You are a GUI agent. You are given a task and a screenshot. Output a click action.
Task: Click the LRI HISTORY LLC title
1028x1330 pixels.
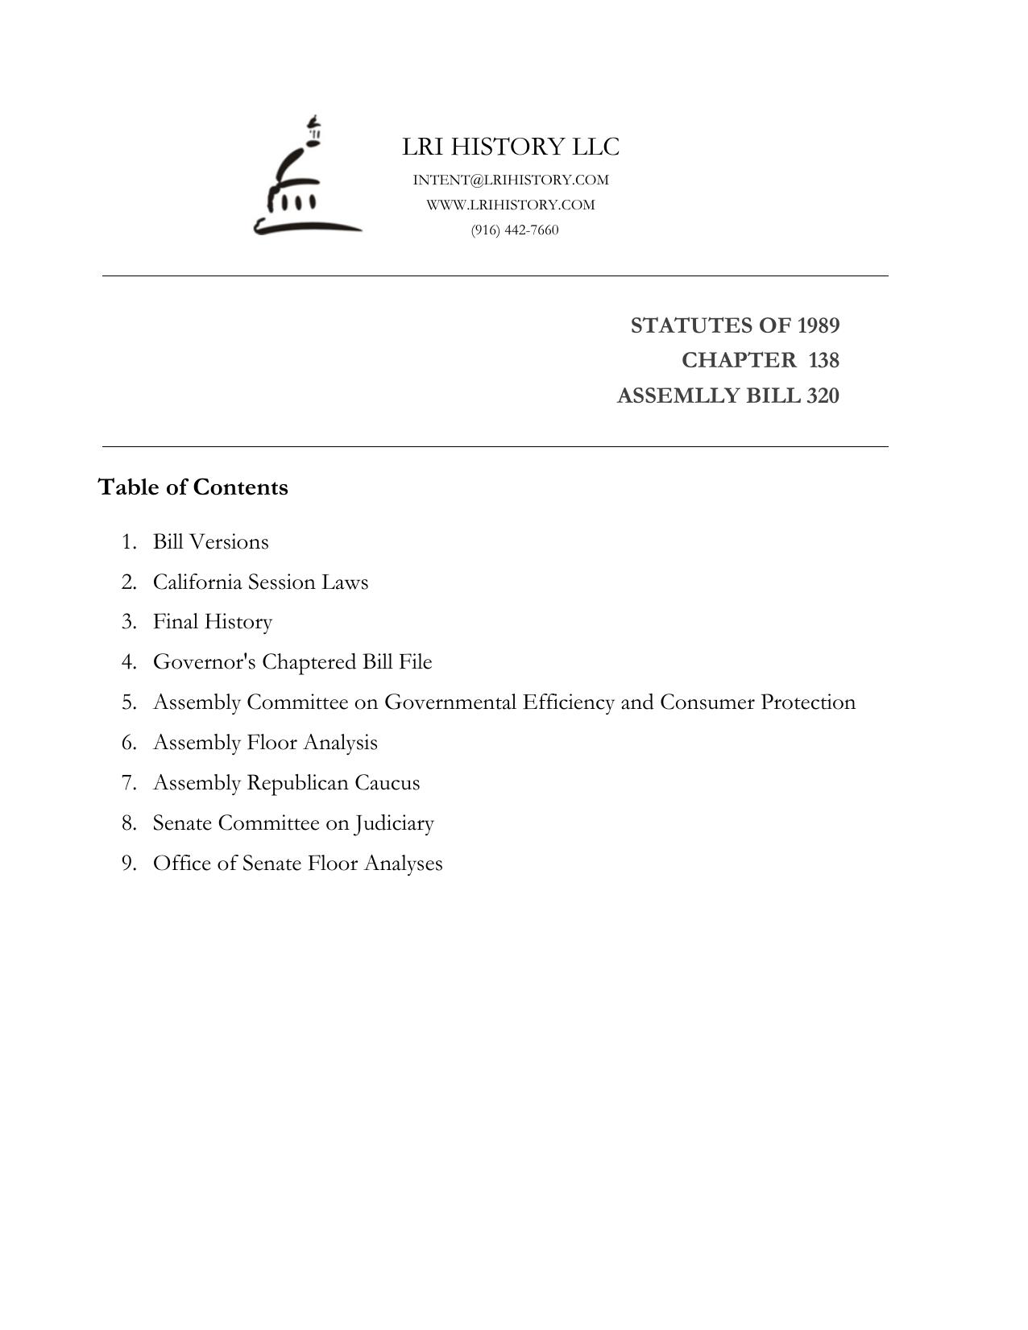[x=511, y=147]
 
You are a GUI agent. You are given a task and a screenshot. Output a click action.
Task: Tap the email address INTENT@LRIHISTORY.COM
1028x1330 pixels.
[x=511, y=180]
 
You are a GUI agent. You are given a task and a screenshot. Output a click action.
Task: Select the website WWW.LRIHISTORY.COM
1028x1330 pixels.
[x=511, y=205]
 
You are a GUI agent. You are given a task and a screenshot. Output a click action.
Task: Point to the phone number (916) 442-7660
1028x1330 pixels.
[x=515, y=230]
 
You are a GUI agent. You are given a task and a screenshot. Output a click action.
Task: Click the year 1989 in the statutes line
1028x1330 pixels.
[x=819, y=325]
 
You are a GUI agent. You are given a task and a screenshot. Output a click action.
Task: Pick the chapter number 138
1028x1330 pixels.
[x=823, y=360]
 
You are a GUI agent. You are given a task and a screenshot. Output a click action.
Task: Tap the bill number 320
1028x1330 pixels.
[x=823, y=396]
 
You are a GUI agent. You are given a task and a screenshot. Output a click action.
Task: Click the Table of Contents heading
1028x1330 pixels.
[x=193, y=487]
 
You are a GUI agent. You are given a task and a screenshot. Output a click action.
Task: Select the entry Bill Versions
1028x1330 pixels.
[x=210, y=541]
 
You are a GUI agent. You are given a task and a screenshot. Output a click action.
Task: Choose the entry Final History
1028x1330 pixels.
[x=213, y=622]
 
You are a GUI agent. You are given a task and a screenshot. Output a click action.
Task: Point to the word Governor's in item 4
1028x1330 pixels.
[x=205, y=662]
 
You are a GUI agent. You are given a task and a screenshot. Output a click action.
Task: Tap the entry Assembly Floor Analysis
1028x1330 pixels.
[x=265, y=743]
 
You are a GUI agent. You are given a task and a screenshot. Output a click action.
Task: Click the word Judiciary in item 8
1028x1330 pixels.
[x=394, y=823]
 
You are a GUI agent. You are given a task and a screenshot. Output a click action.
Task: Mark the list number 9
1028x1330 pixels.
[x=129, y=864]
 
